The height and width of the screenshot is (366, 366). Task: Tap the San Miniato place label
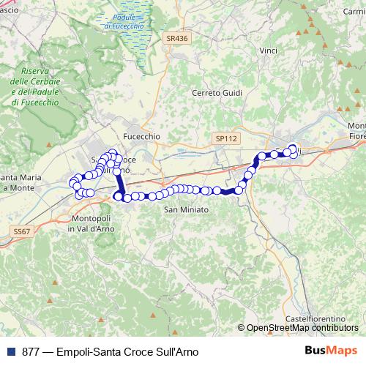click(x=186, y=210)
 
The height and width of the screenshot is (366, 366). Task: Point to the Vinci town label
click(x=268, y=51)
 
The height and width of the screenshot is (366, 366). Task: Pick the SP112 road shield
click(x=227, y=138)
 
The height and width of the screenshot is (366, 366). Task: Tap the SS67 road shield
click(x=23, y=231)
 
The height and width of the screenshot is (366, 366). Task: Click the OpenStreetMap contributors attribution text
click(x=302, y=327)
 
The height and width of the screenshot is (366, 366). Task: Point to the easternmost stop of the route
click(x=294, y=150)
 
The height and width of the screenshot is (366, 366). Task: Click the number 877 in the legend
click(x=29, y=351)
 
